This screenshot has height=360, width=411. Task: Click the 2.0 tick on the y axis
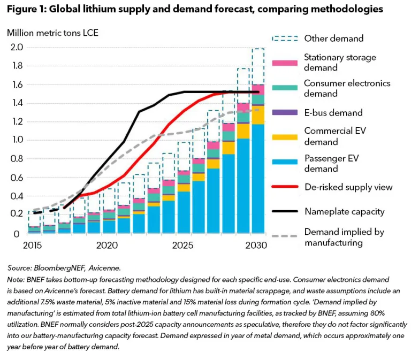click(x=16, y=48)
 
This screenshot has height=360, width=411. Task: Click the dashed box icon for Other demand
click(x=284, y=39)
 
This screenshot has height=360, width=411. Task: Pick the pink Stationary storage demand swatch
click(x=284, y=63)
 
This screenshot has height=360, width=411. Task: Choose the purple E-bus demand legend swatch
click(x=284, y=113)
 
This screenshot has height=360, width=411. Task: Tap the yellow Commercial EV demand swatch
click(x=284, y=136)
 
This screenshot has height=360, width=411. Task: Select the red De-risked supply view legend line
click(x=284, y=187)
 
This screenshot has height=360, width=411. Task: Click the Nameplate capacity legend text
click(x=344, y=211)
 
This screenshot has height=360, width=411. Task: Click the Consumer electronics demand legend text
click(x=347, y=88)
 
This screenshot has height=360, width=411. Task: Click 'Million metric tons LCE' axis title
click(x=52, y=32)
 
